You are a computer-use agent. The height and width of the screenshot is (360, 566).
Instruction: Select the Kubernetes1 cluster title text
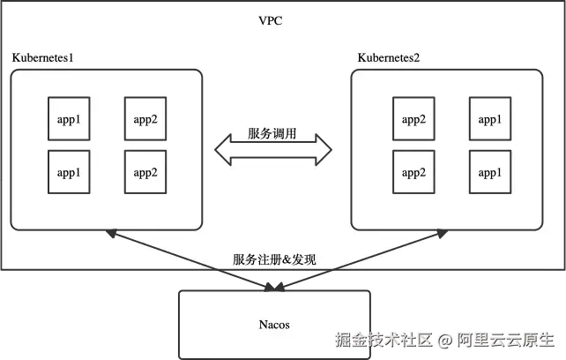(42, 58)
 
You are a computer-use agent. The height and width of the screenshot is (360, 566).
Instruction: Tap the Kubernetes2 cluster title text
(388, 58)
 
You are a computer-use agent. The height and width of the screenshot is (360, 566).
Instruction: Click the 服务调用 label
(272, 134)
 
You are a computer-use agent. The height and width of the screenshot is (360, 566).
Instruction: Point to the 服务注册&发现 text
(274, 259)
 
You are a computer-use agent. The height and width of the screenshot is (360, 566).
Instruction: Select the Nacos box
(274, 325)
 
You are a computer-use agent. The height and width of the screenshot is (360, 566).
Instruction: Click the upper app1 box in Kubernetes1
(69, 119)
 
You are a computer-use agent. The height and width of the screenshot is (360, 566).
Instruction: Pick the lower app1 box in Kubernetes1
(69, 172)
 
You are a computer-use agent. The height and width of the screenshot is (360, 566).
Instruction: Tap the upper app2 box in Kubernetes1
(145, 119)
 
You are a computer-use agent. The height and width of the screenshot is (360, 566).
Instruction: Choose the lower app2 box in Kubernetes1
(145, 172)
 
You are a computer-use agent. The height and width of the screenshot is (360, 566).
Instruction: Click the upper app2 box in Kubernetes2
(414, 119)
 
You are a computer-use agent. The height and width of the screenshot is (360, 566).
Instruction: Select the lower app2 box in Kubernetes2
(414, 172)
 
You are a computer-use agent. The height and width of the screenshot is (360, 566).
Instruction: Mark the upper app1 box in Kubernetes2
(490, 119)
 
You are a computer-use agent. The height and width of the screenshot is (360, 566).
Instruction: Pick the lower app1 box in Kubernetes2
(490, 172)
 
